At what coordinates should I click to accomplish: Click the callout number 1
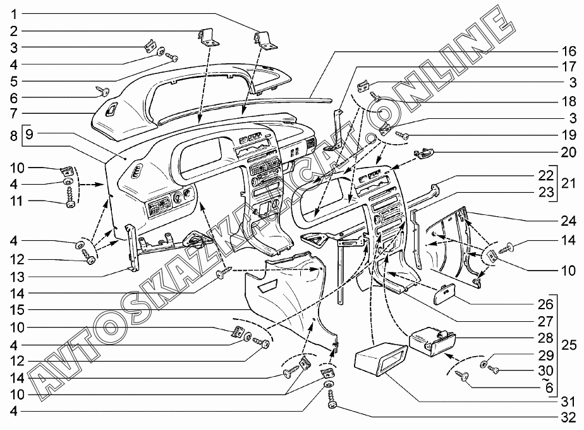14,15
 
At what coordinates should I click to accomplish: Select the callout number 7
14,113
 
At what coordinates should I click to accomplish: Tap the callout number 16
568,51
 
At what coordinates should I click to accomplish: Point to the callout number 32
568,418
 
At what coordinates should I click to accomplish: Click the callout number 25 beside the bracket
569,345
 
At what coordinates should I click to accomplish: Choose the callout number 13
17,277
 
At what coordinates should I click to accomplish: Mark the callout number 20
568,152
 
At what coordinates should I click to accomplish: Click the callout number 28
545,338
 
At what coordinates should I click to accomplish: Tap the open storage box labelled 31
379,357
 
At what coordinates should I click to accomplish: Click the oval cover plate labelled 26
446,294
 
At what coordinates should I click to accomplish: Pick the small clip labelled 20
424,153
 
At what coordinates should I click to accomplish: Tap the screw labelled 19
402,135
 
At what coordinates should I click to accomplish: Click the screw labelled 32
331,400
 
